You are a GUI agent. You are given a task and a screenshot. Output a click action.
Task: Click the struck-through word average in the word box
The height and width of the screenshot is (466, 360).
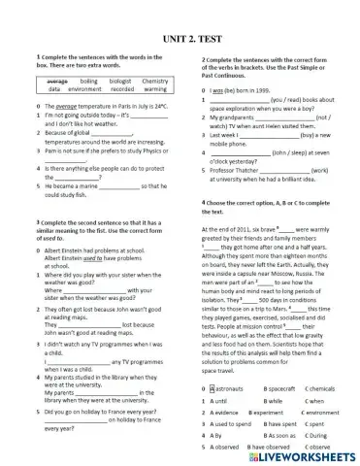57,81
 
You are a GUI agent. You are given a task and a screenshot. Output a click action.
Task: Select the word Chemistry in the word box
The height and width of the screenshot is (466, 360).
153,81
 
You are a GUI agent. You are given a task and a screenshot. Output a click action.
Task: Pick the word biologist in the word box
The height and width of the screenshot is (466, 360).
120,81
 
